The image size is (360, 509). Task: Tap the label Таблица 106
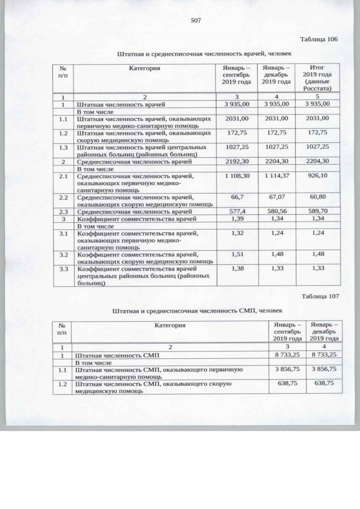[x=319, y=39]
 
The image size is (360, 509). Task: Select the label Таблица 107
[x=319, y=296]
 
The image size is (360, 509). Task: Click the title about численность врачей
[x=197, y=54]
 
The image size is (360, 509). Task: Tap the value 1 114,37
[x=276, y=177]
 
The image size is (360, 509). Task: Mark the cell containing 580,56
[x=276, y=211]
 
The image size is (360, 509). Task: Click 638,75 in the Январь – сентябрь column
[x=287, y=382]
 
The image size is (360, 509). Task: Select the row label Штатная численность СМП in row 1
[x=118, y=355]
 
